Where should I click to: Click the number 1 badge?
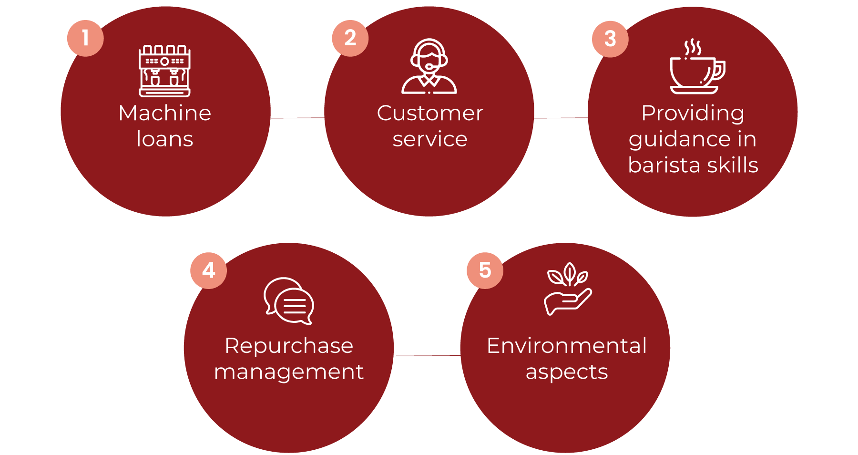(x=85, y=38)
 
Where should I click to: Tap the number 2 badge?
(x=350, y=38)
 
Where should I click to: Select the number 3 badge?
(x=610, y=39)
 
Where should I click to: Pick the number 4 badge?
(x=208, y=270)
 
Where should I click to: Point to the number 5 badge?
(x=485, y=270)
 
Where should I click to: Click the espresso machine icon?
(x=164, y=71)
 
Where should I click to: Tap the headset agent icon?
(x=429, y=66)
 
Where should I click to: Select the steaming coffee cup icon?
(x=696, y=68)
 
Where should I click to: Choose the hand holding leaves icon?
(x=568, y=289)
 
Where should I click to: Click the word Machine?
(x=165, y=113)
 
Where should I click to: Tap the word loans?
(x=165, y=139)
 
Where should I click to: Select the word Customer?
(x=430, y=113)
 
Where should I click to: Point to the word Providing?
(x=693, y=114)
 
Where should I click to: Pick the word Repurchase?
(x=289, y=346)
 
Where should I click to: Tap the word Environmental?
(x=567, y=346)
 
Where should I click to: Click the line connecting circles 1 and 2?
(x=297, y=118)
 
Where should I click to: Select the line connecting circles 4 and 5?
(x=427, y=356)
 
